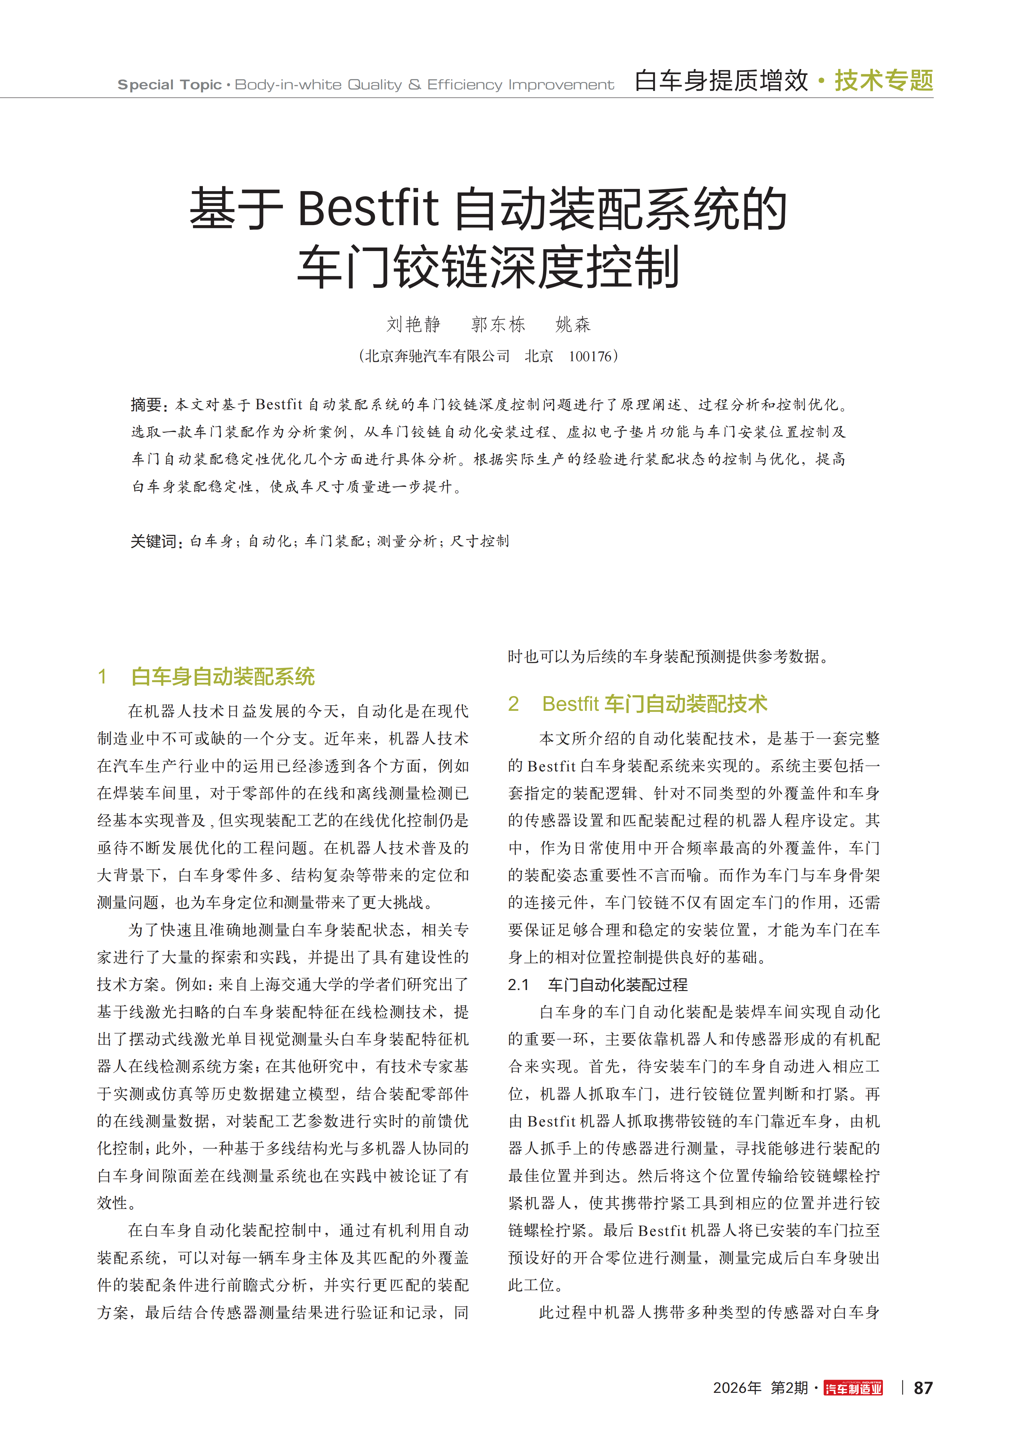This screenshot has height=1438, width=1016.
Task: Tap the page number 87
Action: [923, 1388]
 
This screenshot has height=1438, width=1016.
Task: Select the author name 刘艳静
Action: [413, 324]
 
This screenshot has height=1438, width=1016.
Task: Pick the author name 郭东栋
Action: [498, 324]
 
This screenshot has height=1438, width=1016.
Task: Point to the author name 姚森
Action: [573, 324]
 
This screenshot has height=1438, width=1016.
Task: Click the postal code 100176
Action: [590, 356]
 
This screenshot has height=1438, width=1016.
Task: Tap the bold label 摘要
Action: [148, 405]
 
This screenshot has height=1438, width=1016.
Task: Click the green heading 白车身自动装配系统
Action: [223, 676]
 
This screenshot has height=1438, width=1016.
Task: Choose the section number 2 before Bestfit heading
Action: [513, 704]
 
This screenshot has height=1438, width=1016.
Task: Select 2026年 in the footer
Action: [737, 1388]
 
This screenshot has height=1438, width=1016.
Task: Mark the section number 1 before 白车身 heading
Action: [102, 676]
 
